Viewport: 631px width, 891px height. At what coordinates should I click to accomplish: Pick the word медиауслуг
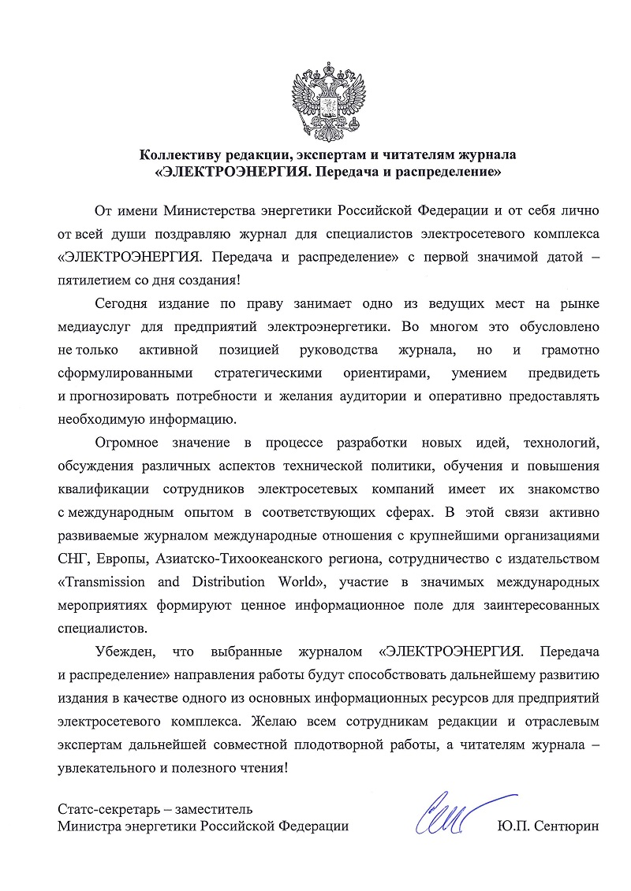click(x=97, y=326)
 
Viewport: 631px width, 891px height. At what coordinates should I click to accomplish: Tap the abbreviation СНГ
click(x=73, y=559)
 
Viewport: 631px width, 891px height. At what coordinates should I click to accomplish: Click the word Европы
click(x=118, y=559)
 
